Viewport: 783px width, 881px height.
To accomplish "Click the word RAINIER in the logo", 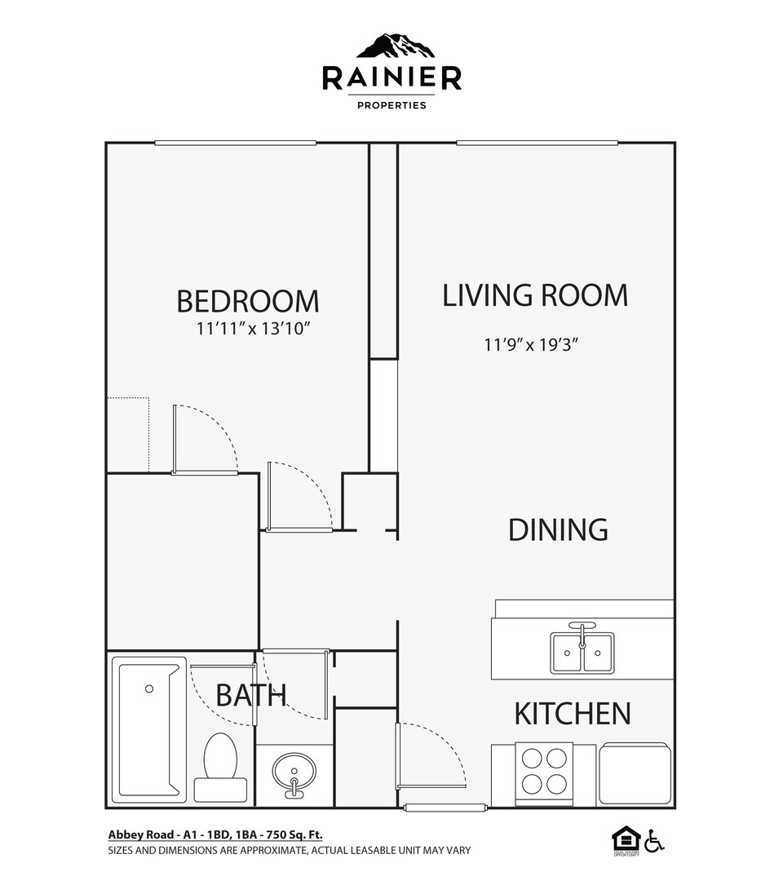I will point(391,78).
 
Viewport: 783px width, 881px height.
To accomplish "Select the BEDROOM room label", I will point(248,301).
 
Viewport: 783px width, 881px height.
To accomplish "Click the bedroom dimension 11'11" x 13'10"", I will point(254,329).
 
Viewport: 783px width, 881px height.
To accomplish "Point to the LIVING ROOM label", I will point(535,295).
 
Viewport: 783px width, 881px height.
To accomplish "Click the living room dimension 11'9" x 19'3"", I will point(531,344).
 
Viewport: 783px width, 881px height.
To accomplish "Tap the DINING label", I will point(558,529).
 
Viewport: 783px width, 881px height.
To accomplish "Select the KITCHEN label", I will point(572,714).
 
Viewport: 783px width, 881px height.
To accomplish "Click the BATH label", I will point(250,695).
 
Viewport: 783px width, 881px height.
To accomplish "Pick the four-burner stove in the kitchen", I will point(544,771).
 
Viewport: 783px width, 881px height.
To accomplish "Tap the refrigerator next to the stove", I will point(635,773).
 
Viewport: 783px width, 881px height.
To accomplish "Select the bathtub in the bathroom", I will point(148,729).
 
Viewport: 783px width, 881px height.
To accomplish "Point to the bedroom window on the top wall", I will point(235,144).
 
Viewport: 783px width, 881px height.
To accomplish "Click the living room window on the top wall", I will point(537,144).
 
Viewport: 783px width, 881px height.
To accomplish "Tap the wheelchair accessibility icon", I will point(654,840).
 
